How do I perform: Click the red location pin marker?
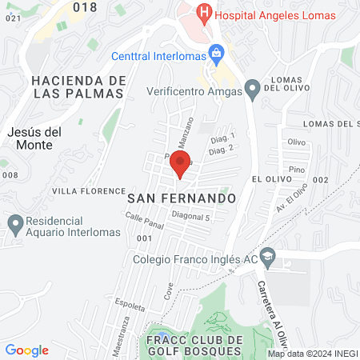(180, 165)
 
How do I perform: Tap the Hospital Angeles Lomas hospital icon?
(205, 13)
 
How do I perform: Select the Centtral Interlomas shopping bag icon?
(215, 55)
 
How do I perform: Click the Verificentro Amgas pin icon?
(253, 88)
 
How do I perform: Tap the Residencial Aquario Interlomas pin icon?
(14, 223)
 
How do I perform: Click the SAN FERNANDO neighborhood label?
(182, 196)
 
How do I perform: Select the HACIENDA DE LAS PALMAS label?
(78, 86)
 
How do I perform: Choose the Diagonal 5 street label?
(189, 217)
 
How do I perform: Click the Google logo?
(26, 350)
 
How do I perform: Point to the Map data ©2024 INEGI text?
(312, 354)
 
